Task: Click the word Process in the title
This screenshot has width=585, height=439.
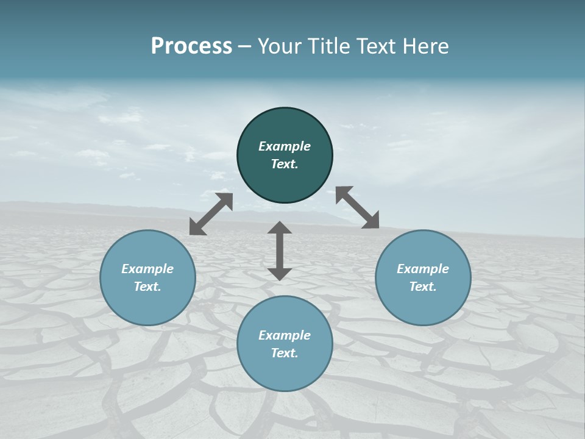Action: [191, 46]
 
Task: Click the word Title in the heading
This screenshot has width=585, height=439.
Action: [330, 46]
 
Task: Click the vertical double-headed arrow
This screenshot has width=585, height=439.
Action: [280, 251]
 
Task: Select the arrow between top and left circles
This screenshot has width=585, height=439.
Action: [211, 214]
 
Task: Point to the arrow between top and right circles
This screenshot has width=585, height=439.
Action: [358, 207]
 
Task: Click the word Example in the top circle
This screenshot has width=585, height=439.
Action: [285, 146]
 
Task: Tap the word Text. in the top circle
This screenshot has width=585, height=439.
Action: [285, 164]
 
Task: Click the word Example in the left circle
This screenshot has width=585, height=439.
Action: [147, 269]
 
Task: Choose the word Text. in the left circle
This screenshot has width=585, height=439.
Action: [147, 287]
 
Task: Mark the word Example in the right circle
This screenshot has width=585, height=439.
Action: [423, 269]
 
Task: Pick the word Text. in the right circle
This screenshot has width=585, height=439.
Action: [423, 287]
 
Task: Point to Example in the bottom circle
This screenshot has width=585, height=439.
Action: [285, 335]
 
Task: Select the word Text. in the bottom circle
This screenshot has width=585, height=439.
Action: [285, 353]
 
